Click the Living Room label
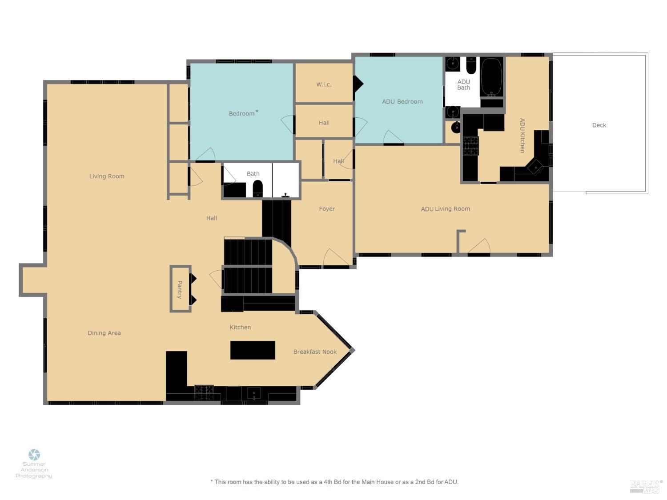click(107, 176)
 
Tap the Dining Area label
click(104, 333)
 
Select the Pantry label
click(180, 289)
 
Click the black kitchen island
click(253, 350)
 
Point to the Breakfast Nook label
click(315, 352)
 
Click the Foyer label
click(327, 209)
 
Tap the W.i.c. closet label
click(324, 84)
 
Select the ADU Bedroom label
click(402, 102)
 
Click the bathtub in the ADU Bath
click(491, 76)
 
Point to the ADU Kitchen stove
click(471, 146)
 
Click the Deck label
click(599, 125)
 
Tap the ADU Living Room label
click(445, 209)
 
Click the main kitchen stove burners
click(204, 392)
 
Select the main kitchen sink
click(253, 393)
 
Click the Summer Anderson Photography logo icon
click(34, 455)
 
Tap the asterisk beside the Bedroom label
click(257, 112)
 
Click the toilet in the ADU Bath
click(471, 66)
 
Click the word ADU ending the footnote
click(451, 482)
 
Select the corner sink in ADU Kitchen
click(535, 167)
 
